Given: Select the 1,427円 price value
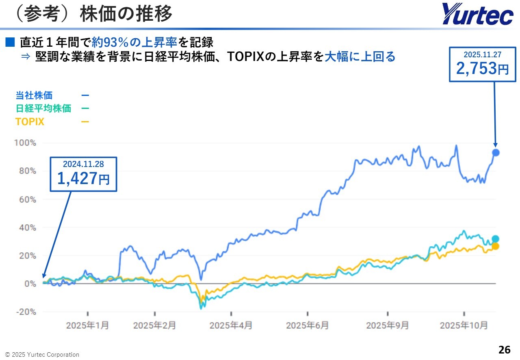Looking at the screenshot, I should click(83, 178).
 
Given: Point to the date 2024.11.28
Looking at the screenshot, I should click(83, 164).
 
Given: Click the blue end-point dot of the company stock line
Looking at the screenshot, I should click(496, 153).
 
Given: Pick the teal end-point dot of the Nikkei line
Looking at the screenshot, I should click(496, 239).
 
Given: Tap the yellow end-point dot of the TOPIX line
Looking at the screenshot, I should click(496, 246).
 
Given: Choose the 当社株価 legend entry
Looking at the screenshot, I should click(34, 95).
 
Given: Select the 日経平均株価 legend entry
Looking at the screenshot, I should click(43, 108).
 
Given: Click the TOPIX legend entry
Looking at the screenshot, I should click(30, 121).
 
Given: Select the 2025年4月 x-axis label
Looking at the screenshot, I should click(231, 325).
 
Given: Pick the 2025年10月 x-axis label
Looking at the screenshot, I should click(464, 325).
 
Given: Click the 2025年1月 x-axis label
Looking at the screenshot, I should click(87, 325).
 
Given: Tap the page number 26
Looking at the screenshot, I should click(504, 349).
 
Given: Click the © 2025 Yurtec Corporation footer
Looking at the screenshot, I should click(42, 355).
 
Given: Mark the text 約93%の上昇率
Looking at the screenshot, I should click(134, 42).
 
